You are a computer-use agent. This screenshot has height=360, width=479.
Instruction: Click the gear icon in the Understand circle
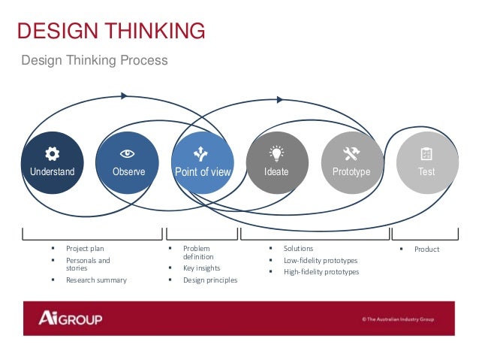pos(52,154)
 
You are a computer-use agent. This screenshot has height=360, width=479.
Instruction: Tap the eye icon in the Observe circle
pos(128,153)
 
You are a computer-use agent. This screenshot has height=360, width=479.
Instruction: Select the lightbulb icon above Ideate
pos(276,154)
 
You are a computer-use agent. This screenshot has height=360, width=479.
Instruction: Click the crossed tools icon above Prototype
pos(351,154)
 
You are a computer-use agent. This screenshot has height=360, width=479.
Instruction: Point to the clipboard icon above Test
pos(426,154)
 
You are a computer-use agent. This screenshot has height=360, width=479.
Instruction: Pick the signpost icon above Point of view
pos(201,154)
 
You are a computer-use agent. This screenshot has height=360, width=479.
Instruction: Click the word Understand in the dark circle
pos(52,172)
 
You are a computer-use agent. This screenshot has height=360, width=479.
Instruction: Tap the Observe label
pos(128,172)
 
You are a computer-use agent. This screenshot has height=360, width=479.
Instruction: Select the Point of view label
pos(203,172)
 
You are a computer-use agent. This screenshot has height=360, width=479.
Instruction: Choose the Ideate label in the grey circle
pos(276,172)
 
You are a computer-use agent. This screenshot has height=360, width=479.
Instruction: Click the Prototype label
pos(351,172)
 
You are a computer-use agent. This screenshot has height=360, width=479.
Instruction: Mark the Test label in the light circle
pos(426,172)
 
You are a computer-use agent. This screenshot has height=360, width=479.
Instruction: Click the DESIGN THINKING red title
pos(110,31)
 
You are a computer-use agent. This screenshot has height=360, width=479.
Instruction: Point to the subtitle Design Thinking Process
pos(94,59)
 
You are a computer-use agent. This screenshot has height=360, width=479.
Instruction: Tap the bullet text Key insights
pos(201,268)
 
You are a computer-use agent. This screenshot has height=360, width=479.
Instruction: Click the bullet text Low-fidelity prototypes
pos(320,260)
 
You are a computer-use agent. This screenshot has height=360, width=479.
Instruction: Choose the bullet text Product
pos(426,250)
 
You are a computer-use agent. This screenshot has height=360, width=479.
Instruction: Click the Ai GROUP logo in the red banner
pos(71,319)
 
